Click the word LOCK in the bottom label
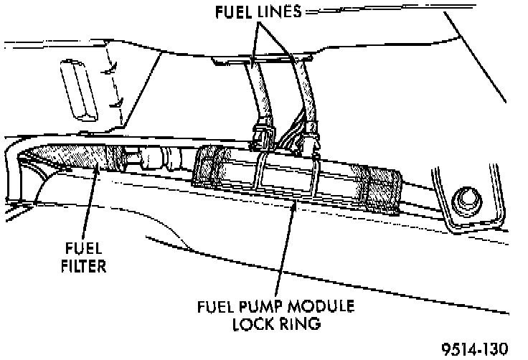252,323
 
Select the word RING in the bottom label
300,323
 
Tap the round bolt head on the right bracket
464,198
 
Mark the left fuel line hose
258,90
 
